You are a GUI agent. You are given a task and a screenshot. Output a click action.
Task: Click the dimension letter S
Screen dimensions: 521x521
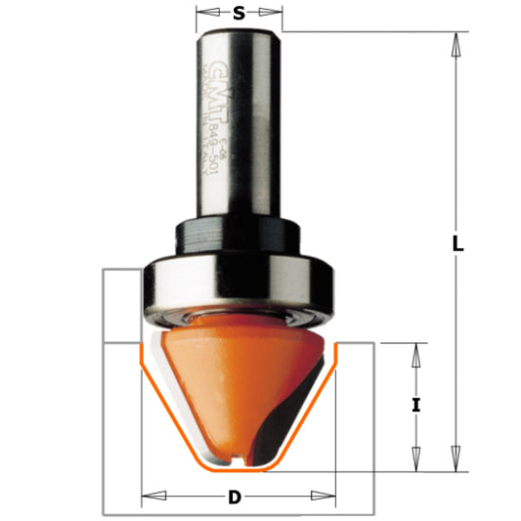coord(239,14)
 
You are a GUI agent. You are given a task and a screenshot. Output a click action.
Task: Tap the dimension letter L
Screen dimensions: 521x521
coord(456,245)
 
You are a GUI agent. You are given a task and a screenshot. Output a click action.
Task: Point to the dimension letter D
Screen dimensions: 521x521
coord(234,498)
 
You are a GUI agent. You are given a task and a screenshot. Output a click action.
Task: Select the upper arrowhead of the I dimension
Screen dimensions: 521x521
coord(416,356)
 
